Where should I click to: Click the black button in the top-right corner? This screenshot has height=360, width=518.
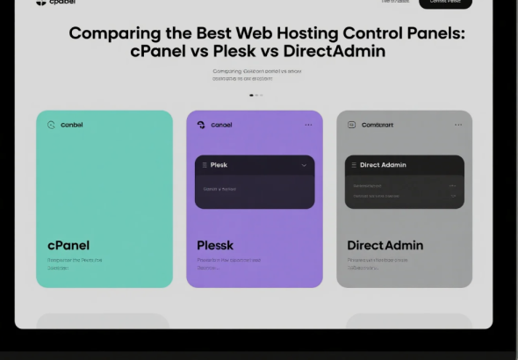pyautogui.click(x=445, y=3)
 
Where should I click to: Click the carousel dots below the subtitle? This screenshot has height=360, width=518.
pyautogui.click(x=256, y=95)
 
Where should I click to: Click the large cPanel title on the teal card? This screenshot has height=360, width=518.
pyautogui.click(x=68, y=245)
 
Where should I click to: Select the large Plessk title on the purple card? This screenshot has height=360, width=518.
pyautogui.click(x=215, y=245)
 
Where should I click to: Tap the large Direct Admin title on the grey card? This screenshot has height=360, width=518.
pyautogui.click(x=385, y=245)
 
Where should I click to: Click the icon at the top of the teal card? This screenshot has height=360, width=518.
pyautogui.click(x=51, y=125)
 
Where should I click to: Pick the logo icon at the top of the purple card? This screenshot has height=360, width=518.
pyautogui.click(x=201, y=125)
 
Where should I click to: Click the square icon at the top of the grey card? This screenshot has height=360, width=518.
pyautogui.click(x=351, y=125)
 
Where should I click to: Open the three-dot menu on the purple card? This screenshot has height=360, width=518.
pyautogui.click(x=308, y=125)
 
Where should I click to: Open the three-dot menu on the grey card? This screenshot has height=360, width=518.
pyautogui.click(x=458, y=125)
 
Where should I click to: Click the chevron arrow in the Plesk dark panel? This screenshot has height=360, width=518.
pyautogui.click(x=305, y=165)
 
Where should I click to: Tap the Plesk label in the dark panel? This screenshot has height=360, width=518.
pyautogui.click(x=219, y=165)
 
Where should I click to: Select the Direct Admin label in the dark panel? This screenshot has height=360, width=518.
pyautogui.click(x=383, y=165)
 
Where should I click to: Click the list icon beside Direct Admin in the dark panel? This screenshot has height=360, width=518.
pyautogui.click(x=354, y=165)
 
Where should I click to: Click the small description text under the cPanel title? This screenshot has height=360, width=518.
pyautogui.click(x=74, y=263)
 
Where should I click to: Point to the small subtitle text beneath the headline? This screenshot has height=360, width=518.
pyautogui.click(x=256, y=75)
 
